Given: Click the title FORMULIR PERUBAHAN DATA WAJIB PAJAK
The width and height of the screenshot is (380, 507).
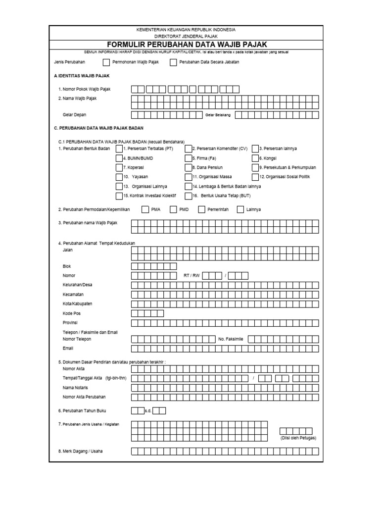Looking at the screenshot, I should tap(186, 45).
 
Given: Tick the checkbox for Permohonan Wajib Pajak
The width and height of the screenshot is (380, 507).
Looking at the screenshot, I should tap(106, 62).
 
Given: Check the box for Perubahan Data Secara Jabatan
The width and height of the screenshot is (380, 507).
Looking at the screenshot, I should tap(173, 62).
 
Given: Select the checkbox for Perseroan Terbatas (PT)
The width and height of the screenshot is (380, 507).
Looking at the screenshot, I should tap(119, 149).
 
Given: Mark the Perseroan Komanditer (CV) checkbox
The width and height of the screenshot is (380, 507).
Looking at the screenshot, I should tap(189, 149).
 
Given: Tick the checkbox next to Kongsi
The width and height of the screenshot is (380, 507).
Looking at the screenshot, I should tap(255, 158).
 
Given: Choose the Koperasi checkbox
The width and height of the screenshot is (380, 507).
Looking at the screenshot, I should tap(119, 167).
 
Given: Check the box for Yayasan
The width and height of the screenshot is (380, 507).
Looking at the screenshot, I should tap(119, 177).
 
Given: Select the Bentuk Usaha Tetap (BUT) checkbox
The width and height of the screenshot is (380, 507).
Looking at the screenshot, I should tap(189, 196).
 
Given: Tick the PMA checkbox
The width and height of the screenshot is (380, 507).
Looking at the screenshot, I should tap(145, 209).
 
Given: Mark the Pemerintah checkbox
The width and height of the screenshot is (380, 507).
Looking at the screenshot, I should tap(202, 209).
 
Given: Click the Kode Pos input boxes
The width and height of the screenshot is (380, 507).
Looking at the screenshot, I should tap(147, 313).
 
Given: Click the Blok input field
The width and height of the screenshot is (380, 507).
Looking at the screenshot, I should tap(154, 266).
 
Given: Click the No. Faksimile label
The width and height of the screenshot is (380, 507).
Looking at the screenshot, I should tap(231, 339).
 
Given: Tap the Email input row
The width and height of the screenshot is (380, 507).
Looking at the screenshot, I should tap(225, 349).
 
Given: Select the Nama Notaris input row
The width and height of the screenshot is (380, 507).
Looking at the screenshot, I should tap(225, 387).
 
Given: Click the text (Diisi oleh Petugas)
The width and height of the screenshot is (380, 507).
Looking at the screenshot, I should tap(295, 438).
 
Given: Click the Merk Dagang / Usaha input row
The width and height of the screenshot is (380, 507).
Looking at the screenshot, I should tap(225, 451).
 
